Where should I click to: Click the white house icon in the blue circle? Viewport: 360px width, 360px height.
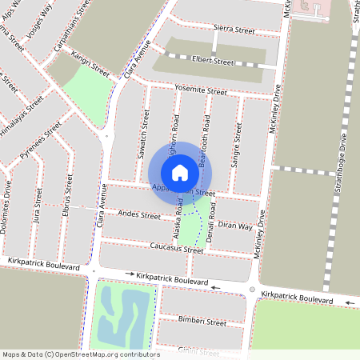pyautogui.click(x=180, y=172)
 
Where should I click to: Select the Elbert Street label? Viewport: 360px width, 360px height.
pyautogui.click(x=213, y=60)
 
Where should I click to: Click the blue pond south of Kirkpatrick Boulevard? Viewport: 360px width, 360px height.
pyautogui.click(x=122, y=316)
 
